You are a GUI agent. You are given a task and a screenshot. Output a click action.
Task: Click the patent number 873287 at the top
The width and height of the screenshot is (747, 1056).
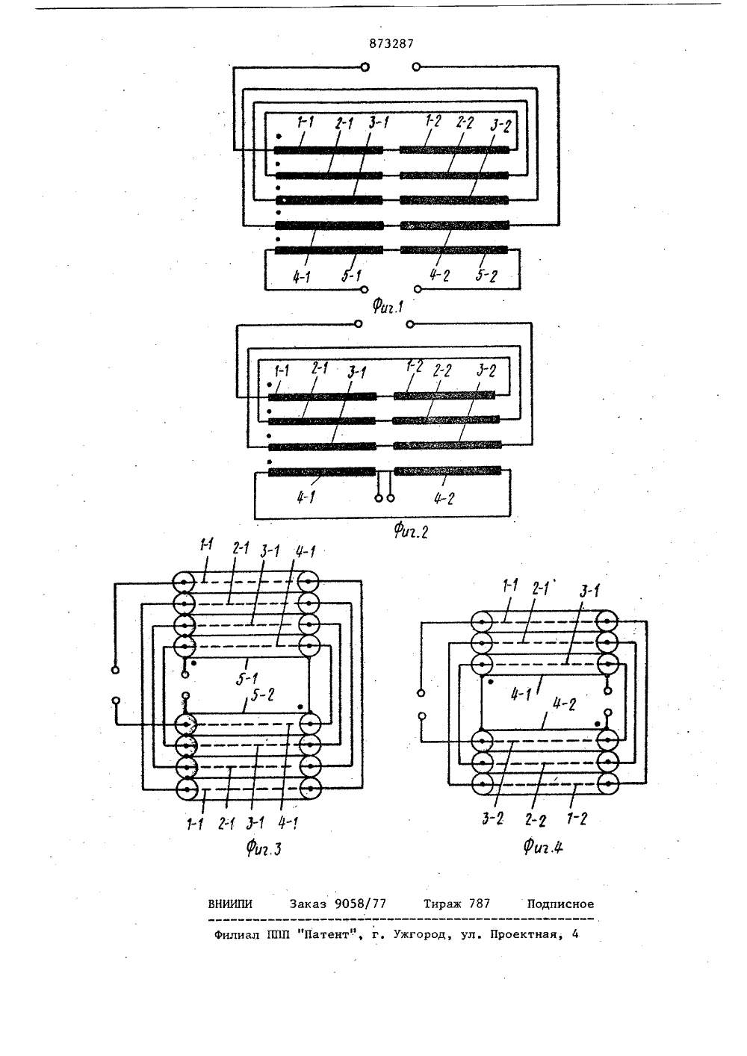(391, 44)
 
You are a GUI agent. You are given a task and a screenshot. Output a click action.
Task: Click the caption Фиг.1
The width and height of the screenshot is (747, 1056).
(388, 307)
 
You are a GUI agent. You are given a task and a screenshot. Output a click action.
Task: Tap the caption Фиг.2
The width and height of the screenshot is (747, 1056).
(411, 532)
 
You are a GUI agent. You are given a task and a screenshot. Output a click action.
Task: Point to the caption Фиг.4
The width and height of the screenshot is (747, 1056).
(543, 847)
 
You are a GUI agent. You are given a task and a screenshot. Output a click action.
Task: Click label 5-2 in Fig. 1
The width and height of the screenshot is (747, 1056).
(486, 276)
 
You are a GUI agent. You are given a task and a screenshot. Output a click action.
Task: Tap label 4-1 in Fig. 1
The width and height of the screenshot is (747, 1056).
(301, 277)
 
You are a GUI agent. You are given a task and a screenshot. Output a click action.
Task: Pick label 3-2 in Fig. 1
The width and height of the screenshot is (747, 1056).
(500, 126)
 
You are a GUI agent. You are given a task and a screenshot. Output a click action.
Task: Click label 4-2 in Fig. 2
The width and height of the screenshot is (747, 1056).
(444, 498)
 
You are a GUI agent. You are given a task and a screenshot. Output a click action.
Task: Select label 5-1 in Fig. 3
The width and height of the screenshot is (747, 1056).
(247, 678)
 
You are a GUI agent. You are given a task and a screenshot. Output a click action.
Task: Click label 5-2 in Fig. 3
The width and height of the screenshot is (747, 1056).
(263, 695)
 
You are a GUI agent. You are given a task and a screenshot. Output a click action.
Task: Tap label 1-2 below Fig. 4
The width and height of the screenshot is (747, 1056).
(577, 819)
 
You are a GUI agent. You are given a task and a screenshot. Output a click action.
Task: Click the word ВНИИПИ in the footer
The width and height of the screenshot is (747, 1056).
(230, 904)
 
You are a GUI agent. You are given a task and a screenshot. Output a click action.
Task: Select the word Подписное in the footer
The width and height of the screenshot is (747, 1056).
(560, 904)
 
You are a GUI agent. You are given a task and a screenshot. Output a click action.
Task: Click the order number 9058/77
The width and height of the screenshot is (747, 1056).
(360, 904)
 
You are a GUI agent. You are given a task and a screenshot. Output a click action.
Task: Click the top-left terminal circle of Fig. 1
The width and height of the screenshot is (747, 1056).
(365, 67)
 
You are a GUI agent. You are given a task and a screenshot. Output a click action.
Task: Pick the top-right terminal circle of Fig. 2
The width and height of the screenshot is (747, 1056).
(410, 324)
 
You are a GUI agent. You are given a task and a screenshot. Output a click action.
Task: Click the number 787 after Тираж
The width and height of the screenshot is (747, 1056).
(480, 904)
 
